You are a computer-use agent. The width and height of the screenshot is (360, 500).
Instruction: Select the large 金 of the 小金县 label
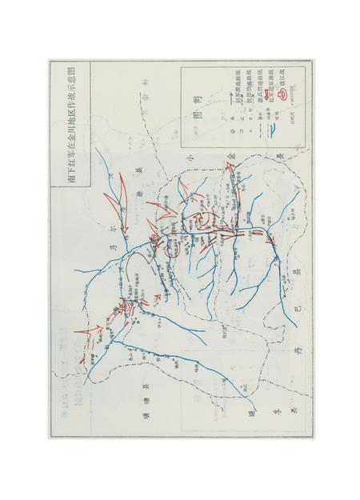230,155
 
